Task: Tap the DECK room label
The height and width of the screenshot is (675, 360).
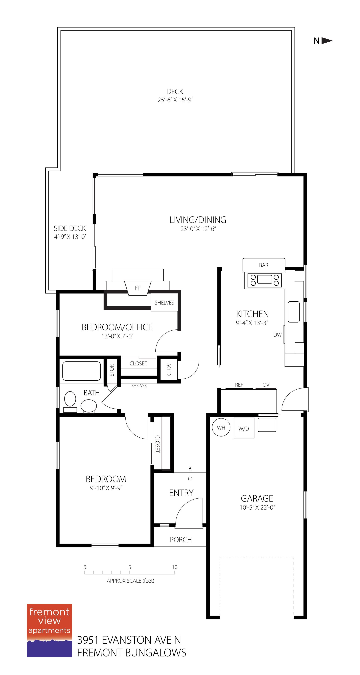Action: tap(175, 91)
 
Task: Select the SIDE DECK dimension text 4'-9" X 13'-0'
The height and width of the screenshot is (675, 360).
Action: tap(70, 237)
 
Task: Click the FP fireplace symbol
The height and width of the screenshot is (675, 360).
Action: tap(138, 288)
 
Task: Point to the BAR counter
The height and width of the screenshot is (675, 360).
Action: tap(264, 265)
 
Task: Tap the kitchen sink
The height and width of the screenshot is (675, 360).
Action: tap(293, 312)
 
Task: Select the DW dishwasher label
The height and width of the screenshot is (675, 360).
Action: tap(277, 335)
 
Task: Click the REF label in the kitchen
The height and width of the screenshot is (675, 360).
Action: tap(239, 385)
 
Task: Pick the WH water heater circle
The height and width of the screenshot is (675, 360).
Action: tap(221, 428)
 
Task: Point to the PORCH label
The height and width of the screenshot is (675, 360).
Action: tap(181, 539)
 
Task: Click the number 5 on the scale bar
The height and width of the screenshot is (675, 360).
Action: tap(130, 567)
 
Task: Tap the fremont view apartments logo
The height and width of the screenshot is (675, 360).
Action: tap(49, 630)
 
